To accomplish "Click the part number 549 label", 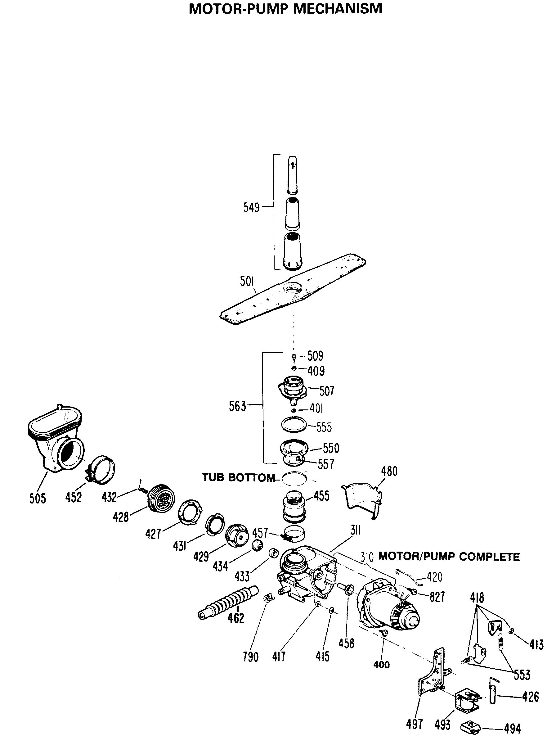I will [x=251, y=208].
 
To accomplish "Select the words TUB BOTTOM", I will [x=238, y=477].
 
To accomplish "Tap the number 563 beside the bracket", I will [x=237, y=406].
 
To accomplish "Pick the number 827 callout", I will [x=437, y=597].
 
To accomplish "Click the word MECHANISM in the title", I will [x=338, y=8].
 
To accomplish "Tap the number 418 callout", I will [x=477, y=598].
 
